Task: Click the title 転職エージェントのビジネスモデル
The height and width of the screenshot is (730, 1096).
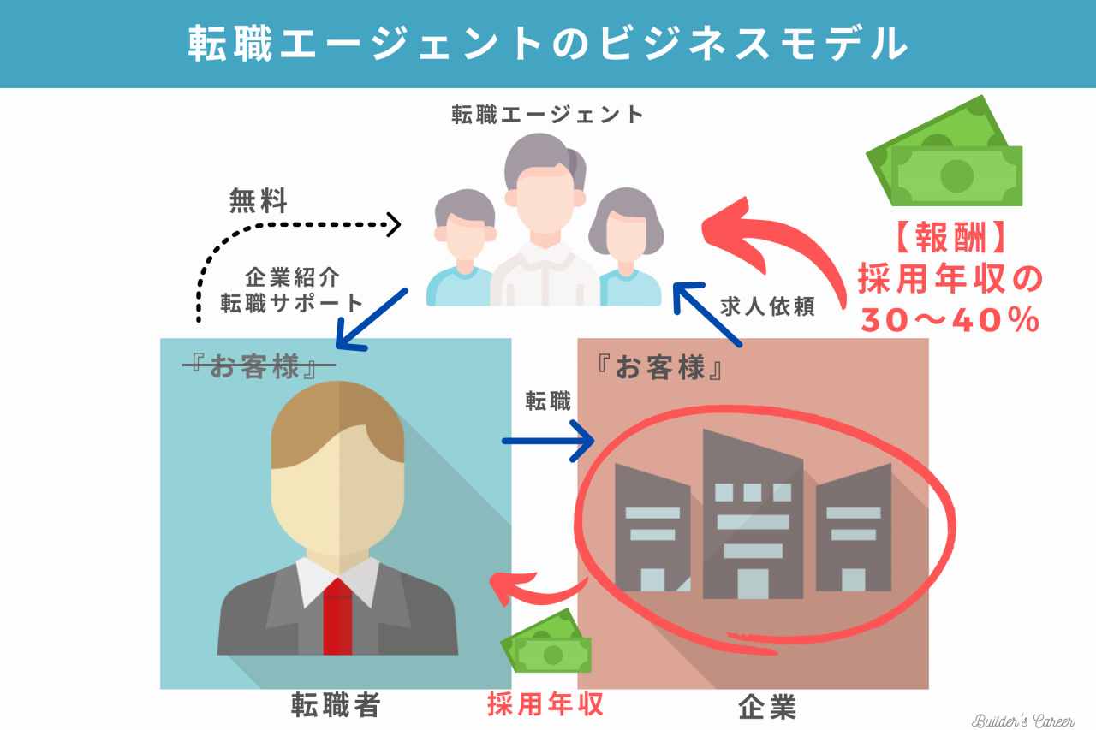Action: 547,43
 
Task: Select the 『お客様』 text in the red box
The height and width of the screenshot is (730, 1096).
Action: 659,369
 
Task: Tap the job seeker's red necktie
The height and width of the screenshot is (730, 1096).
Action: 337,616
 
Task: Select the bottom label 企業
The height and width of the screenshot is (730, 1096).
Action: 767,707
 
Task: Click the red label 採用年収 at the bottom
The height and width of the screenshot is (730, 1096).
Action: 545,704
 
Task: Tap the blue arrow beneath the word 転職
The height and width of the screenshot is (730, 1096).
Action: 547,442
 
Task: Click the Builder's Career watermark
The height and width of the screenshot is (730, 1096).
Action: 1022,720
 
